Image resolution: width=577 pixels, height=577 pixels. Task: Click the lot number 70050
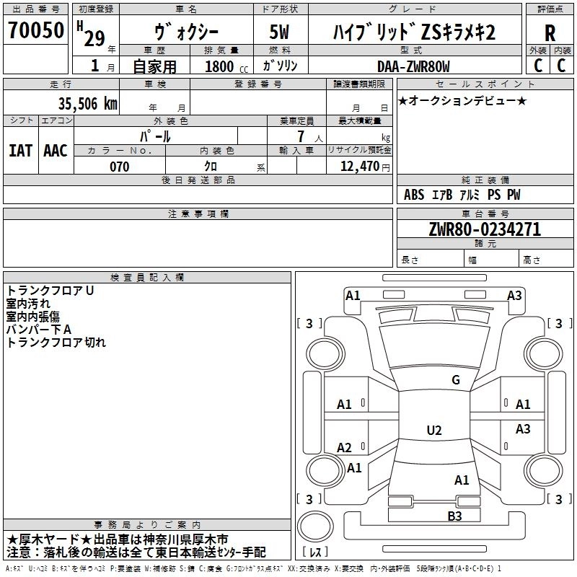click(x=36, y=30)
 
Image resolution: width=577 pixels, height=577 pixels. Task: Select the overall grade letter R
click(x=550, y=33)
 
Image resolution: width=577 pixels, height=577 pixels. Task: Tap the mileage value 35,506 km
click(x=87, y=104)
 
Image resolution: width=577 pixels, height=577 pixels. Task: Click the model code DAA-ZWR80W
click(x=413, y=66)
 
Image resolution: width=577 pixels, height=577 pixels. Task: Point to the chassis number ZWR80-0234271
click(x=485, y=229)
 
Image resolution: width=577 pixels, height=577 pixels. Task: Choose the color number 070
click(x=120, y=167)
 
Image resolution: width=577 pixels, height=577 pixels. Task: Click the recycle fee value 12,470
click(x=359, y=167)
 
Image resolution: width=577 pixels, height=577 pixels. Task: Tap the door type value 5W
click(x=279, y=32)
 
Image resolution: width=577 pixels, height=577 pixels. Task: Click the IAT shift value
click(x=21, y=151)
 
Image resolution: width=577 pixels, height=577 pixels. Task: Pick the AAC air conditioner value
click(x=56, y=151)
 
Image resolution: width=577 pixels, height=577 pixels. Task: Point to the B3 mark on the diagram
click(x=454, y=516)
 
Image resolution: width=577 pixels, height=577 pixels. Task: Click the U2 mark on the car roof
click(x=434, y=430)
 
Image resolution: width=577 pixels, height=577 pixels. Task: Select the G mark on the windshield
click(x=456, y=380)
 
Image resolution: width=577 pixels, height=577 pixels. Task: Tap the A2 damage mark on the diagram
click(x=344, y=448)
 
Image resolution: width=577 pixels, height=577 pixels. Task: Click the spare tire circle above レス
click(x=315, y=527)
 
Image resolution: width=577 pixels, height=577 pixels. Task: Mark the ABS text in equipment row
click(x=414, y=195)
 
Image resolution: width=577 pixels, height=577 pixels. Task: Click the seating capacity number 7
click(x=301, y=136)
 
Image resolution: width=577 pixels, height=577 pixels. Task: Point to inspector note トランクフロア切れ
click(x=56, y=343)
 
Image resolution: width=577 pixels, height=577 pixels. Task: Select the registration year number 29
click(x=94, y=39)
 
